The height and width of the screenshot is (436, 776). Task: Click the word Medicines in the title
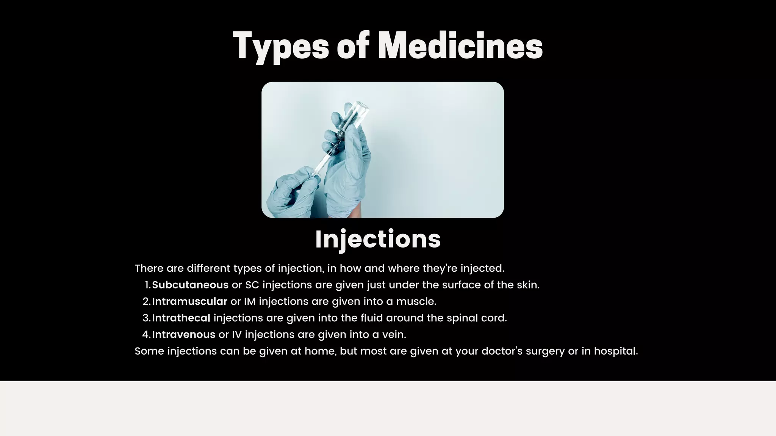point(460,46)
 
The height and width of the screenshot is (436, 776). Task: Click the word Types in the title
point(281,46)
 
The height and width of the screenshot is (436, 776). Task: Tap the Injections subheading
point(378,239)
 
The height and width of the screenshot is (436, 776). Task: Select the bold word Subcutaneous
point(190,285)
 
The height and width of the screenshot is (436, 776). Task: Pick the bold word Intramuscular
point(189,302)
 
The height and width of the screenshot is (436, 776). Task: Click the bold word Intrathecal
point(181,318)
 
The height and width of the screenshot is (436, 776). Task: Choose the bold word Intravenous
point(184,335)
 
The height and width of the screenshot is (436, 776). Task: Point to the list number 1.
point(148,285)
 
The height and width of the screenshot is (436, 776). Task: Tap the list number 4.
point(146,335)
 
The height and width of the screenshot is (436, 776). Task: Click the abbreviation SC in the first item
point(252,285)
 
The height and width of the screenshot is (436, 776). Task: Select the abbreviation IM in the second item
point(250,302)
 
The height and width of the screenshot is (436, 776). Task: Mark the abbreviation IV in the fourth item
point(237,335)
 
